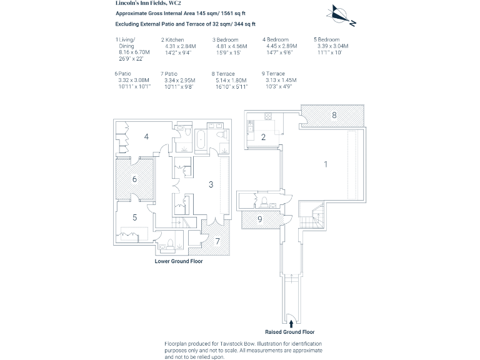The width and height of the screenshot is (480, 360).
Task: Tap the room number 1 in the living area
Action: pos(325,164)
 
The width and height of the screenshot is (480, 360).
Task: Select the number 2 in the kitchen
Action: pos(264,137)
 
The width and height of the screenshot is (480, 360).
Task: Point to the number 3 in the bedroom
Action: pos(211,184)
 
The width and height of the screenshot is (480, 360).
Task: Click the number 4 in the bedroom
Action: pos(146,135)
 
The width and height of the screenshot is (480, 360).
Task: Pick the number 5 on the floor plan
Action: pos(134,217)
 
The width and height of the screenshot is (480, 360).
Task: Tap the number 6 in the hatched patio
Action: pos(134,179)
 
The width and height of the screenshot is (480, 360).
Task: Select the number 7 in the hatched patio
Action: pos(217,241)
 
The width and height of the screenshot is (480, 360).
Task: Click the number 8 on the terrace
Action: pos(334,115)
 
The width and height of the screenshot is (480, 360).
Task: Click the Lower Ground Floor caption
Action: pos(179,262)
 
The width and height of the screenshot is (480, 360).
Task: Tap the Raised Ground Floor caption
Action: pos(290,332)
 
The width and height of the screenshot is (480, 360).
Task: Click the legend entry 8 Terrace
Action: pos(226,74)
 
